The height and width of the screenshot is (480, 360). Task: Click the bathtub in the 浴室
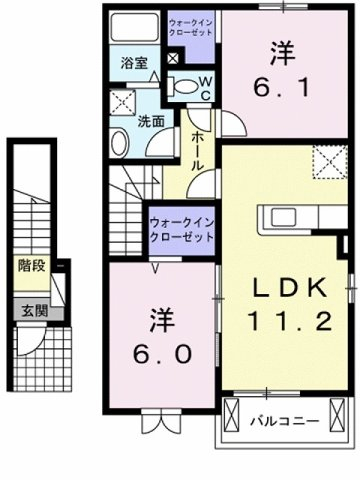134,27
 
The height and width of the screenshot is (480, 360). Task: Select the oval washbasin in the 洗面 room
120,144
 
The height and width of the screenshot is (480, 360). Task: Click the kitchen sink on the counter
283,218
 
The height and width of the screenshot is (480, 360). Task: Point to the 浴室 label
134,63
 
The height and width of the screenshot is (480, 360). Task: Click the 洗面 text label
151,122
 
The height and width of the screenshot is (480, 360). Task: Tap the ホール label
198,151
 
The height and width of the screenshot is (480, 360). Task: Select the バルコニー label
285,421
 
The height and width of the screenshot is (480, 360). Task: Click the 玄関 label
35,311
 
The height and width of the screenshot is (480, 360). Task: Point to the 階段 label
31,265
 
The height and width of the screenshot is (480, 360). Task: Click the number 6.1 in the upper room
282,88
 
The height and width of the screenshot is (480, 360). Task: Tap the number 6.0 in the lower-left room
163,354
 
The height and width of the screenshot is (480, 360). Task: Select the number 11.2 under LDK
289,321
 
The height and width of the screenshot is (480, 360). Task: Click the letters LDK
290,289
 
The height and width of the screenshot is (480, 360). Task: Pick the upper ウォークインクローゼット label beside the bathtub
191,27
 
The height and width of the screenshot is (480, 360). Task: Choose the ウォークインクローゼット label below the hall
182,230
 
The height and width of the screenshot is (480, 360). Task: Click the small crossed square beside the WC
173,59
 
